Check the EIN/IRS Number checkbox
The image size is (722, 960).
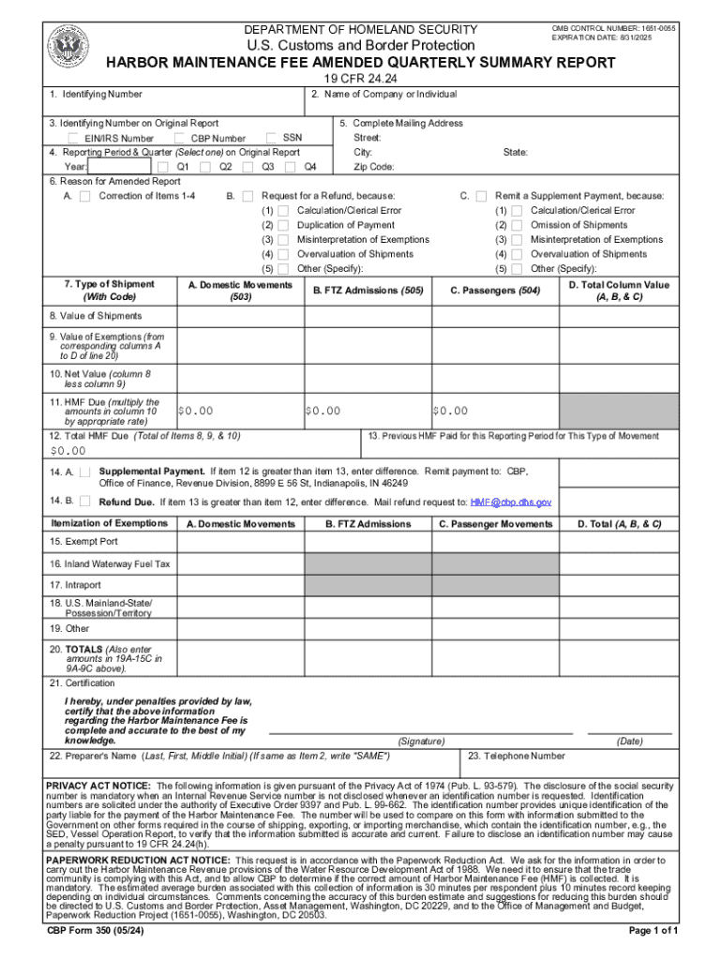[75, 139]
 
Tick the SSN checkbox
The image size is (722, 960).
[272, 138]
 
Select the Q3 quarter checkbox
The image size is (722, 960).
[248, 167]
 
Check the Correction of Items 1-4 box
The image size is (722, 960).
[84, 196]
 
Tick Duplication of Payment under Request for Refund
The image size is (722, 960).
[283, 225]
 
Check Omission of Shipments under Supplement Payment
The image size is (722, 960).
[517, 225]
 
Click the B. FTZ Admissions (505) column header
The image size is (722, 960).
[368, 291]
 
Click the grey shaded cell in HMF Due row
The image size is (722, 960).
[619, 411]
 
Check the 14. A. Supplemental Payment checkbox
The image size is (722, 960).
[84, 472]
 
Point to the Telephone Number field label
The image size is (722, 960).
[517, 756]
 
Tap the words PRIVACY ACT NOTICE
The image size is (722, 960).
[98, 785]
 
